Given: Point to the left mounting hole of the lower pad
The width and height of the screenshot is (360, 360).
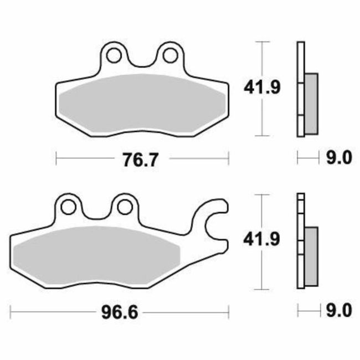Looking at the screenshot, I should click(x=69, y=207).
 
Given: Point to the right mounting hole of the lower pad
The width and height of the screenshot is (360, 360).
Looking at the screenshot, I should click(x=122, y=207).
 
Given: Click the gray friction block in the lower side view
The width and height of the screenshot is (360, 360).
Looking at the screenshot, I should click(x=311, y=256).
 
